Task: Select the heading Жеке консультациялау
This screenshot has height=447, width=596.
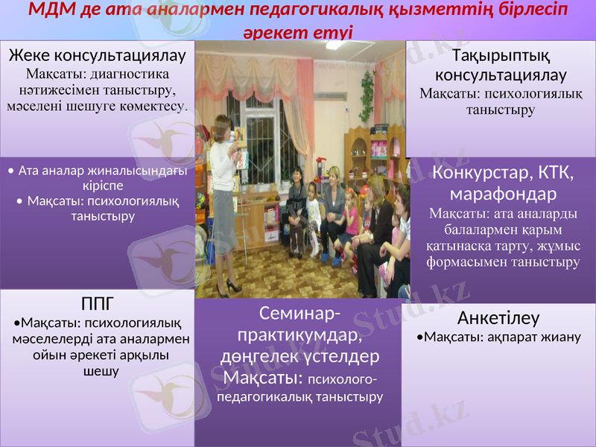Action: click(97, 56)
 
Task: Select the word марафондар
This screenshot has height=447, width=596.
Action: click(503, 194)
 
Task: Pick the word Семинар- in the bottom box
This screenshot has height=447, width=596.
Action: click(301, 313)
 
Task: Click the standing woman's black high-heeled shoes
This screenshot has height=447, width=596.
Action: click(232, 285)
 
